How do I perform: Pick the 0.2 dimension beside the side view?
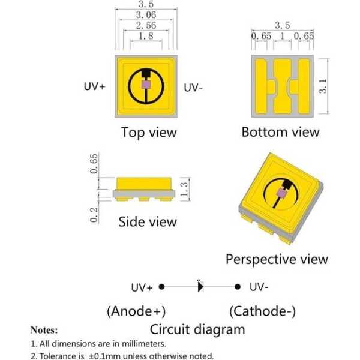[x=95, y=214]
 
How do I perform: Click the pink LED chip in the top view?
[x=145, y=86]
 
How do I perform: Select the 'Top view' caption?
[x=149, y=132]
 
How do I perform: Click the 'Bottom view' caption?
[x=280, y=132]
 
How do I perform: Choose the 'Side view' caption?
[x=147, y=222]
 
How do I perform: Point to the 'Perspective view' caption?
[x=277, y=259]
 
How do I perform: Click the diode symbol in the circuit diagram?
[x=200, y=286]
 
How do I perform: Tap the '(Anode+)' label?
[x=136, y=311]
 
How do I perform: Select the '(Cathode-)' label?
[x=262, y=311]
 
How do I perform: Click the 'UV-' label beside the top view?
[x=193, y=88]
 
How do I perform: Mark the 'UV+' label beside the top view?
[x=94, y=87]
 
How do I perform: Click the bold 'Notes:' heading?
[x=44, y=330]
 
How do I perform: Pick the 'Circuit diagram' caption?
[x=197, y=329]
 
